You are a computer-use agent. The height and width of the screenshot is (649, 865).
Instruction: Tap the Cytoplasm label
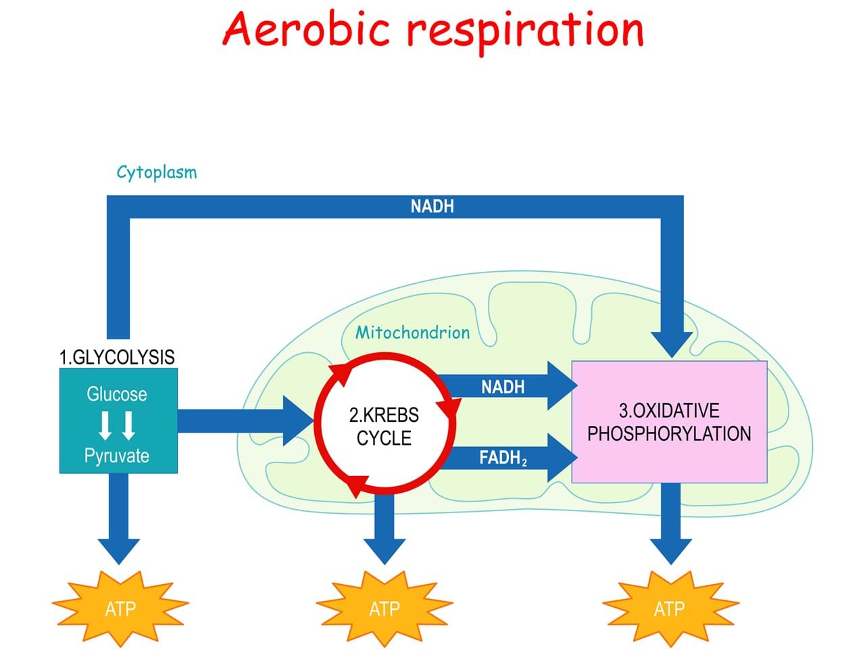pyautogui.click(x=156, y=172)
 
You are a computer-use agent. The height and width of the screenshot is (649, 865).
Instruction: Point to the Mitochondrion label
pyautogui.click(x=412, y=333)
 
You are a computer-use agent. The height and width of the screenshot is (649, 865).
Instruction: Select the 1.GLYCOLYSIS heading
pyautogui.click(x=117, y=357)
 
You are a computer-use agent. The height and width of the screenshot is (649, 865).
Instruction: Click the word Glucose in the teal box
pyautogui.click(x=117, y=394)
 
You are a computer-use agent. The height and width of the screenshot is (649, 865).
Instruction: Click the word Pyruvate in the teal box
pyautogui.click(x=117, y=456)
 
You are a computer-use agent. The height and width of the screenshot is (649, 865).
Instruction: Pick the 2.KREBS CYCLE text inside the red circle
pyautogui.click(x=384, y=427)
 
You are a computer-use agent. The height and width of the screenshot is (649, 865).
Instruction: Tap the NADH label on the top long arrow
pyautogui.click(x=432, y=207)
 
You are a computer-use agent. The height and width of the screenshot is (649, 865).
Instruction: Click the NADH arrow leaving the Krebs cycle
pyautogui.click(x=503, y=387)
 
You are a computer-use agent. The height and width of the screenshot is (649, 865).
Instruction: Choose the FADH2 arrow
pyautogui.click(x=503, y=458)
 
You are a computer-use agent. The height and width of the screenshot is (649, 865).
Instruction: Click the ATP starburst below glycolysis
pyautogui.click(x=120, y=608)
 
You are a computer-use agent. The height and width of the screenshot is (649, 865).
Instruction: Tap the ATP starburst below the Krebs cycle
pyautogui.click(x=385, y=608)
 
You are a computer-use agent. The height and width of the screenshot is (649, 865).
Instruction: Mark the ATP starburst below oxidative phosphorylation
pyautogui.click(x=669, y=608)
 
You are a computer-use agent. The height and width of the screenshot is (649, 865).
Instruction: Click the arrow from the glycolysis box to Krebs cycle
pyautogui.click(x=243, y=420)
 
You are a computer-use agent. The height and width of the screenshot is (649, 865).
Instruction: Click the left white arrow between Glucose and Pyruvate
pyautogui.click(x=106, y=425)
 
